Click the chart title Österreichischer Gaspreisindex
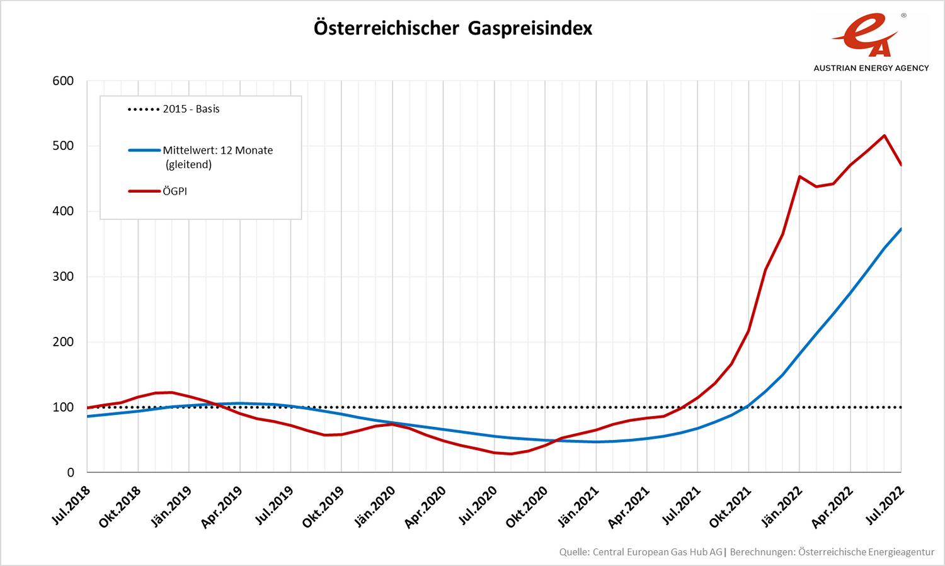(453, 28)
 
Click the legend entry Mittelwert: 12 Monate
(217, 150)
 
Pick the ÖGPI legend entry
(175, 191)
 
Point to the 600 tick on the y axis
(63, 81)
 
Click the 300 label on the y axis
(63, 276)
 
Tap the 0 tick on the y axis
(71, 472)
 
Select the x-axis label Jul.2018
(71, 505)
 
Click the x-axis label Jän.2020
(375, 506)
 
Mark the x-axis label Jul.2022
(885, 505)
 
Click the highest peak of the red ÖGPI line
(885, 135)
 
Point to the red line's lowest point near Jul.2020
(511, 454)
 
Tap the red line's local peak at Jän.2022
(799, 176)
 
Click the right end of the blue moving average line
(901, 229)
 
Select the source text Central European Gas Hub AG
(657, 552)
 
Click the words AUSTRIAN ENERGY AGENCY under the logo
(871, 68)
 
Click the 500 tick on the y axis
(63, 145)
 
